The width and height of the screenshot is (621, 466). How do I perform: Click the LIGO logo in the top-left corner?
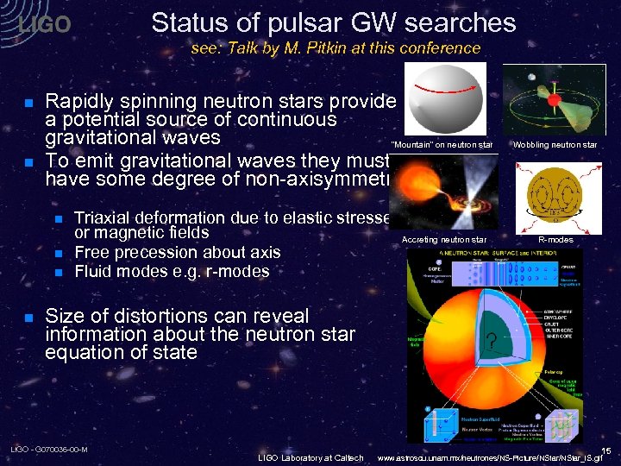(44, 25)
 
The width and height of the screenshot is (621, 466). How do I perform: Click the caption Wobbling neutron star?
(554, 145)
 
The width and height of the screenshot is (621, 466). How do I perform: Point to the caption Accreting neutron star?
(444, 238)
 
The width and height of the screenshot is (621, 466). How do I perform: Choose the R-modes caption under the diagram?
(555, 238)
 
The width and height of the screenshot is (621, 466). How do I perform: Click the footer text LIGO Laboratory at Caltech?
(311, 457)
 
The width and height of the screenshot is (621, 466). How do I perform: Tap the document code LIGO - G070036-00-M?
(48, 450)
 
